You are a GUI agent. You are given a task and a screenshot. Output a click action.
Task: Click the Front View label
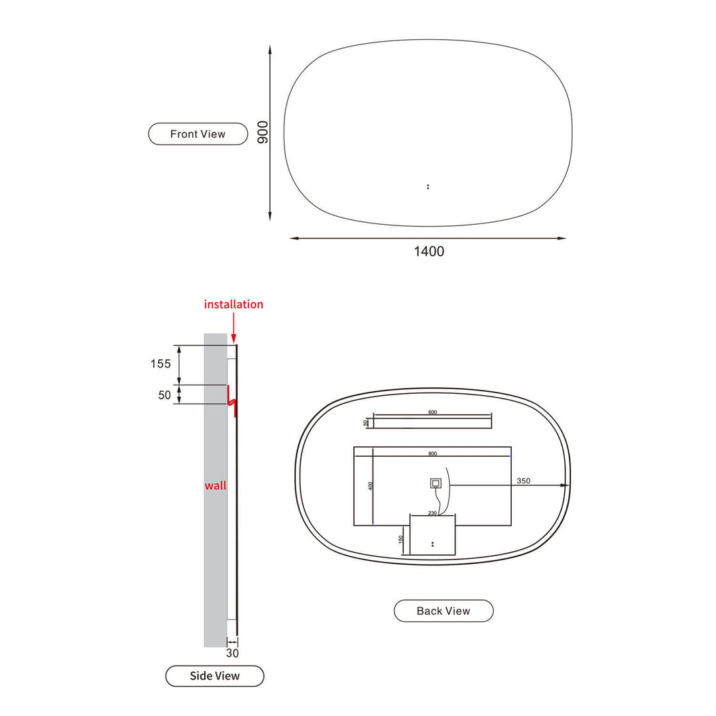pyautogui.click(x=198, y=134)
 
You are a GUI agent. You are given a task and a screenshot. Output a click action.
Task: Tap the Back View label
pyautogui.click(x=444, y=611)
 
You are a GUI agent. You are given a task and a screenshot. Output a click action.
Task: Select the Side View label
pyautogui.click(x=215, y=676)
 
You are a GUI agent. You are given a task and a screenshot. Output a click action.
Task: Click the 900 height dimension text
pyautogui.click(x=263, y=133)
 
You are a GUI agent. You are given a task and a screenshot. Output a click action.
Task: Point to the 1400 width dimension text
pyautogui.click(x=429, y=251)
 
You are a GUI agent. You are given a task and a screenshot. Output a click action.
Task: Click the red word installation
pyautogui.click(x=233, y=304)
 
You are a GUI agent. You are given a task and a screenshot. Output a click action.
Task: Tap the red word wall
pyautogui.click(x=215, y=485)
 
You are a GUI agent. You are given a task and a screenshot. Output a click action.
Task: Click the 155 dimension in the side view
pyautogui.click(x=160, y=363)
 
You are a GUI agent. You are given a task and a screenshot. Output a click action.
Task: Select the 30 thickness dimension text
pyautogui.click(x=232, y=653)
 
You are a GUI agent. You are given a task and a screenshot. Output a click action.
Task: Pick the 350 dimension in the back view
pyautogui.click(x=523, y=481)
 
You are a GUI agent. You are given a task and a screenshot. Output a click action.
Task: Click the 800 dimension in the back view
pyautogui.click(x=432, y=453)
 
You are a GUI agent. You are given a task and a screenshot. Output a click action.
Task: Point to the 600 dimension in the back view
pyautogui.click(x=432, y=412)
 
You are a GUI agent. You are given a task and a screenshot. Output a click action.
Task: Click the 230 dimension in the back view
pyautogui.click(x=432, y=512)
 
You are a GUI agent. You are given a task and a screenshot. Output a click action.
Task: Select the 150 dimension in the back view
pyautogui.click(x=401, y=539)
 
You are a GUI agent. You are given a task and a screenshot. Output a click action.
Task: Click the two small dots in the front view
pyautogui.click(x=428, y=186)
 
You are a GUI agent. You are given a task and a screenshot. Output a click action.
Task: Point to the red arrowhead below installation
pyautogui.click(x=233, y=339)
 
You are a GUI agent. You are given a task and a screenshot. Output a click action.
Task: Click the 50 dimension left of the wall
pyautogui.click(x=165, y=395)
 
